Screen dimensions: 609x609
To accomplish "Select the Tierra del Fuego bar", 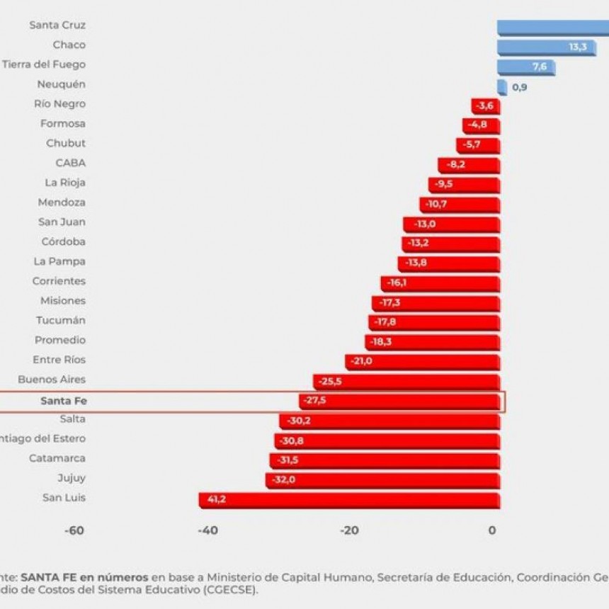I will [525, 67].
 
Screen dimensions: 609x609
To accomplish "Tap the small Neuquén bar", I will [501, 86].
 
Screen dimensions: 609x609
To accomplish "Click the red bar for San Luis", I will [348, 500].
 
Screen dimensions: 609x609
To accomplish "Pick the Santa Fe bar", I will [399, 402].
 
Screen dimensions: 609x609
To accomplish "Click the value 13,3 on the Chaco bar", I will [578, 47].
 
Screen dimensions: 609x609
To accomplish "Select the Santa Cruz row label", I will [57, 25].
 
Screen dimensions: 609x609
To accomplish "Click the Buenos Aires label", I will [52, 380].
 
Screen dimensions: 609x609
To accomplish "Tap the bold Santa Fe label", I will [63, 402].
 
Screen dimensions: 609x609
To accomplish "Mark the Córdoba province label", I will [64, 241].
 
